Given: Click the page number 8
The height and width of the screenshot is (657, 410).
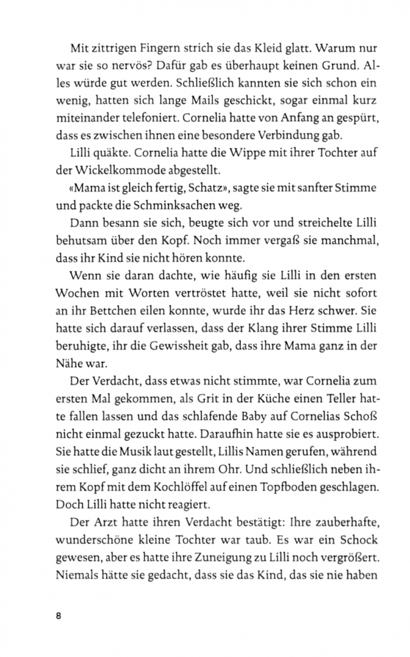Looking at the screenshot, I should coord(59,616).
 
